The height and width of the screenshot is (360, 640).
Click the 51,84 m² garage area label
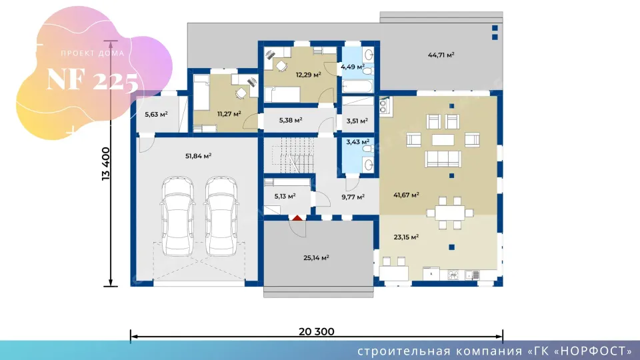pyautogui.click(x=198, y=156)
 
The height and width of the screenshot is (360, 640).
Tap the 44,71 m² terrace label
pyautogui.click(x=441, y=55)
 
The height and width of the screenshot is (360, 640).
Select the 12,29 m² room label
pyautogui.click(x=308, y=75)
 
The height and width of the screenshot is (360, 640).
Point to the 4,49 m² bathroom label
pyautogui.click(x=352, y=67)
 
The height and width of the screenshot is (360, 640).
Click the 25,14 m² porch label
pyautogui.click(x=316, y=257)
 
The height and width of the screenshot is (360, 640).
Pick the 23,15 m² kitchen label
pyautogui.click(x=406, y=237)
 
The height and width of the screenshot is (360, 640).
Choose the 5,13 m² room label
pyautogui.click(x=285, y=196)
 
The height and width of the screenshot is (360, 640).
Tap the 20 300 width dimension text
pyautogui.click(x=316, y=331)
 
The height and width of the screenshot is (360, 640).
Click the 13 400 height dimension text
pyautogui.click(x=106, y=164)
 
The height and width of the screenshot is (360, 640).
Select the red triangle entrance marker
pyautogui.click(x=297, y=218)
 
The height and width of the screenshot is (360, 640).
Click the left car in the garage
pyautogui.click(x=177, y=216)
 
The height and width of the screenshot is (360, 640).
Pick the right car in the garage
pyautogui.click(x=221, y=216)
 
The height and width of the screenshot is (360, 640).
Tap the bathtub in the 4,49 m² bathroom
pyautogui.click(x=357, y=86)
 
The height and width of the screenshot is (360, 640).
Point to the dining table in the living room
pyautogui.click(x=450, y=213)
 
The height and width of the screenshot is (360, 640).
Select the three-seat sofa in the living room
pyautogui.click(x=443, y=159)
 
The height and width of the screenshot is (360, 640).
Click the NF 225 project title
pyautogui.click(x=93, y=79)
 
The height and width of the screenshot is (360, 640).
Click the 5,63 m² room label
pyautogui.click(x=156, y=115)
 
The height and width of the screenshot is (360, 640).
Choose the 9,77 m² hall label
pyautogui.click(x=353, y=197)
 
